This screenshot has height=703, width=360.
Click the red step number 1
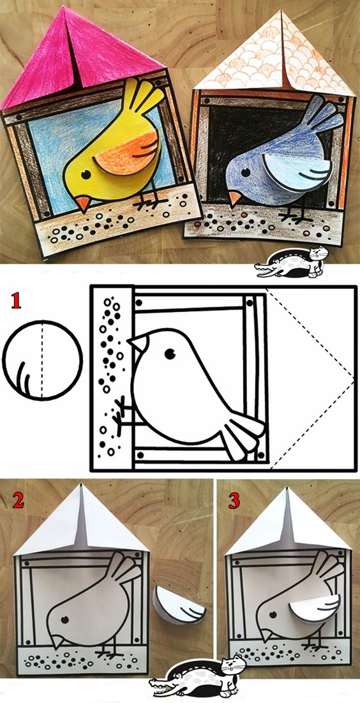click(16, 301)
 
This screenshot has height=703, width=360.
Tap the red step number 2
click(18, 500)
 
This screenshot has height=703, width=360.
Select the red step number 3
click(234, 500)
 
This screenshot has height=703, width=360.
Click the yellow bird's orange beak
click(82, 203)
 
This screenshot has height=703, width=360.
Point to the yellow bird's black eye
click(86, 174)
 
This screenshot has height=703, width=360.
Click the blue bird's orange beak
click(234, 198)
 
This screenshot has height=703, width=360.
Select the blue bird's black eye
click(246, 172)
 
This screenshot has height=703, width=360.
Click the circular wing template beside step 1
click(42, 360)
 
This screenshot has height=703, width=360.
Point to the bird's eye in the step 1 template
click(170, 354)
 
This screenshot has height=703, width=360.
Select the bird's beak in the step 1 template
click(139, 343)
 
